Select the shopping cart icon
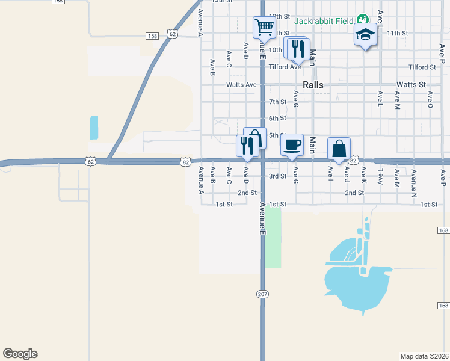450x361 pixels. coord(263,27)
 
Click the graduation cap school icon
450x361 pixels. coord(365,34)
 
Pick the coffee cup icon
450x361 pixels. coord(292,145)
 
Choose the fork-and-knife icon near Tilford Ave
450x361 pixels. coord(298,49)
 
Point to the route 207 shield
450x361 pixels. coord(262,294)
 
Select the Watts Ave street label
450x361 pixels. coord(241,85)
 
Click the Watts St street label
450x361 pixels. coord(411,85)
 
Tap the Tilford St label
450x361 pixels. coord(422,67)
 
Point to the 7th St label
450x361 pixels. coord(277,102)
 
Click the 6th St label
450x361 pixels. coord(277,118)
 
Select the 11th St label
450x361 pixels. coord(398,33)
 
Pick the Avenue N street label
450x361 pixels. coord(414,180)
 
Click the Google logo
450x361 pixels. coord(20,354)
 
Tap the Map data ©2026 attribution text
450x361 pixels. coord(424,356)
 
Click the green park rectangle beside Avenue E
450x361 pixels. coord(273,238)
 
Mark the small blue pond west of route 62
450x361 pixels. coord(93,127)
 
